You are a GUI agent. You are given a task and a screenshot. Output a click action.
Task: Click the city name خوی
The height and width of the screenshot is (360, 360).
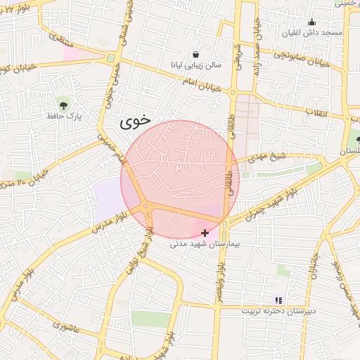click(x=135, y=121)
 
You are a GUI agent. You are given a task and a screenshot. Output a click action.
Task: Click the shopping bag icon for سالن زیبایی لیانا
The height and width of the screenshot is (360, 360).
click(x=195, y=55)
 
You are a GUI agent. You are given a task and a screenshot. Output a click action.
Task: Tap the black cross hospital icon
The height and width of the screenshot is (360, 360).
click(x=205, y=233)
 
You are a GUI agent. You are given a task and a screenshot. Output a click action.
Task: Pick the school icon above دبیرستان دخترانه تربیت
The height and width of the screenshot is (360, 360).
click(x=278, y=300)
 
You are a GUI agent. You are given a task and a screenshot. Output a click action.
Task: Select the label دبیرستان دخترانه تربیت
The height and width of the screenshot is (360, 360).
click(x=279, y=310)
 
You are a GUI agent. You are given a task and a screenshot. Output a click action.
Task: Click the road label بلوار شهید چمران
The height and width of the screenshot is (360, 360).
click(x=259, y=204)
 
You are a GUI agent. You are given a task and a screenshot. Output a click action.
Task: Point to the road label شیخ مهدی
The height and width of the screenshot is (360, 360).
click(x=265, y=160)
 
